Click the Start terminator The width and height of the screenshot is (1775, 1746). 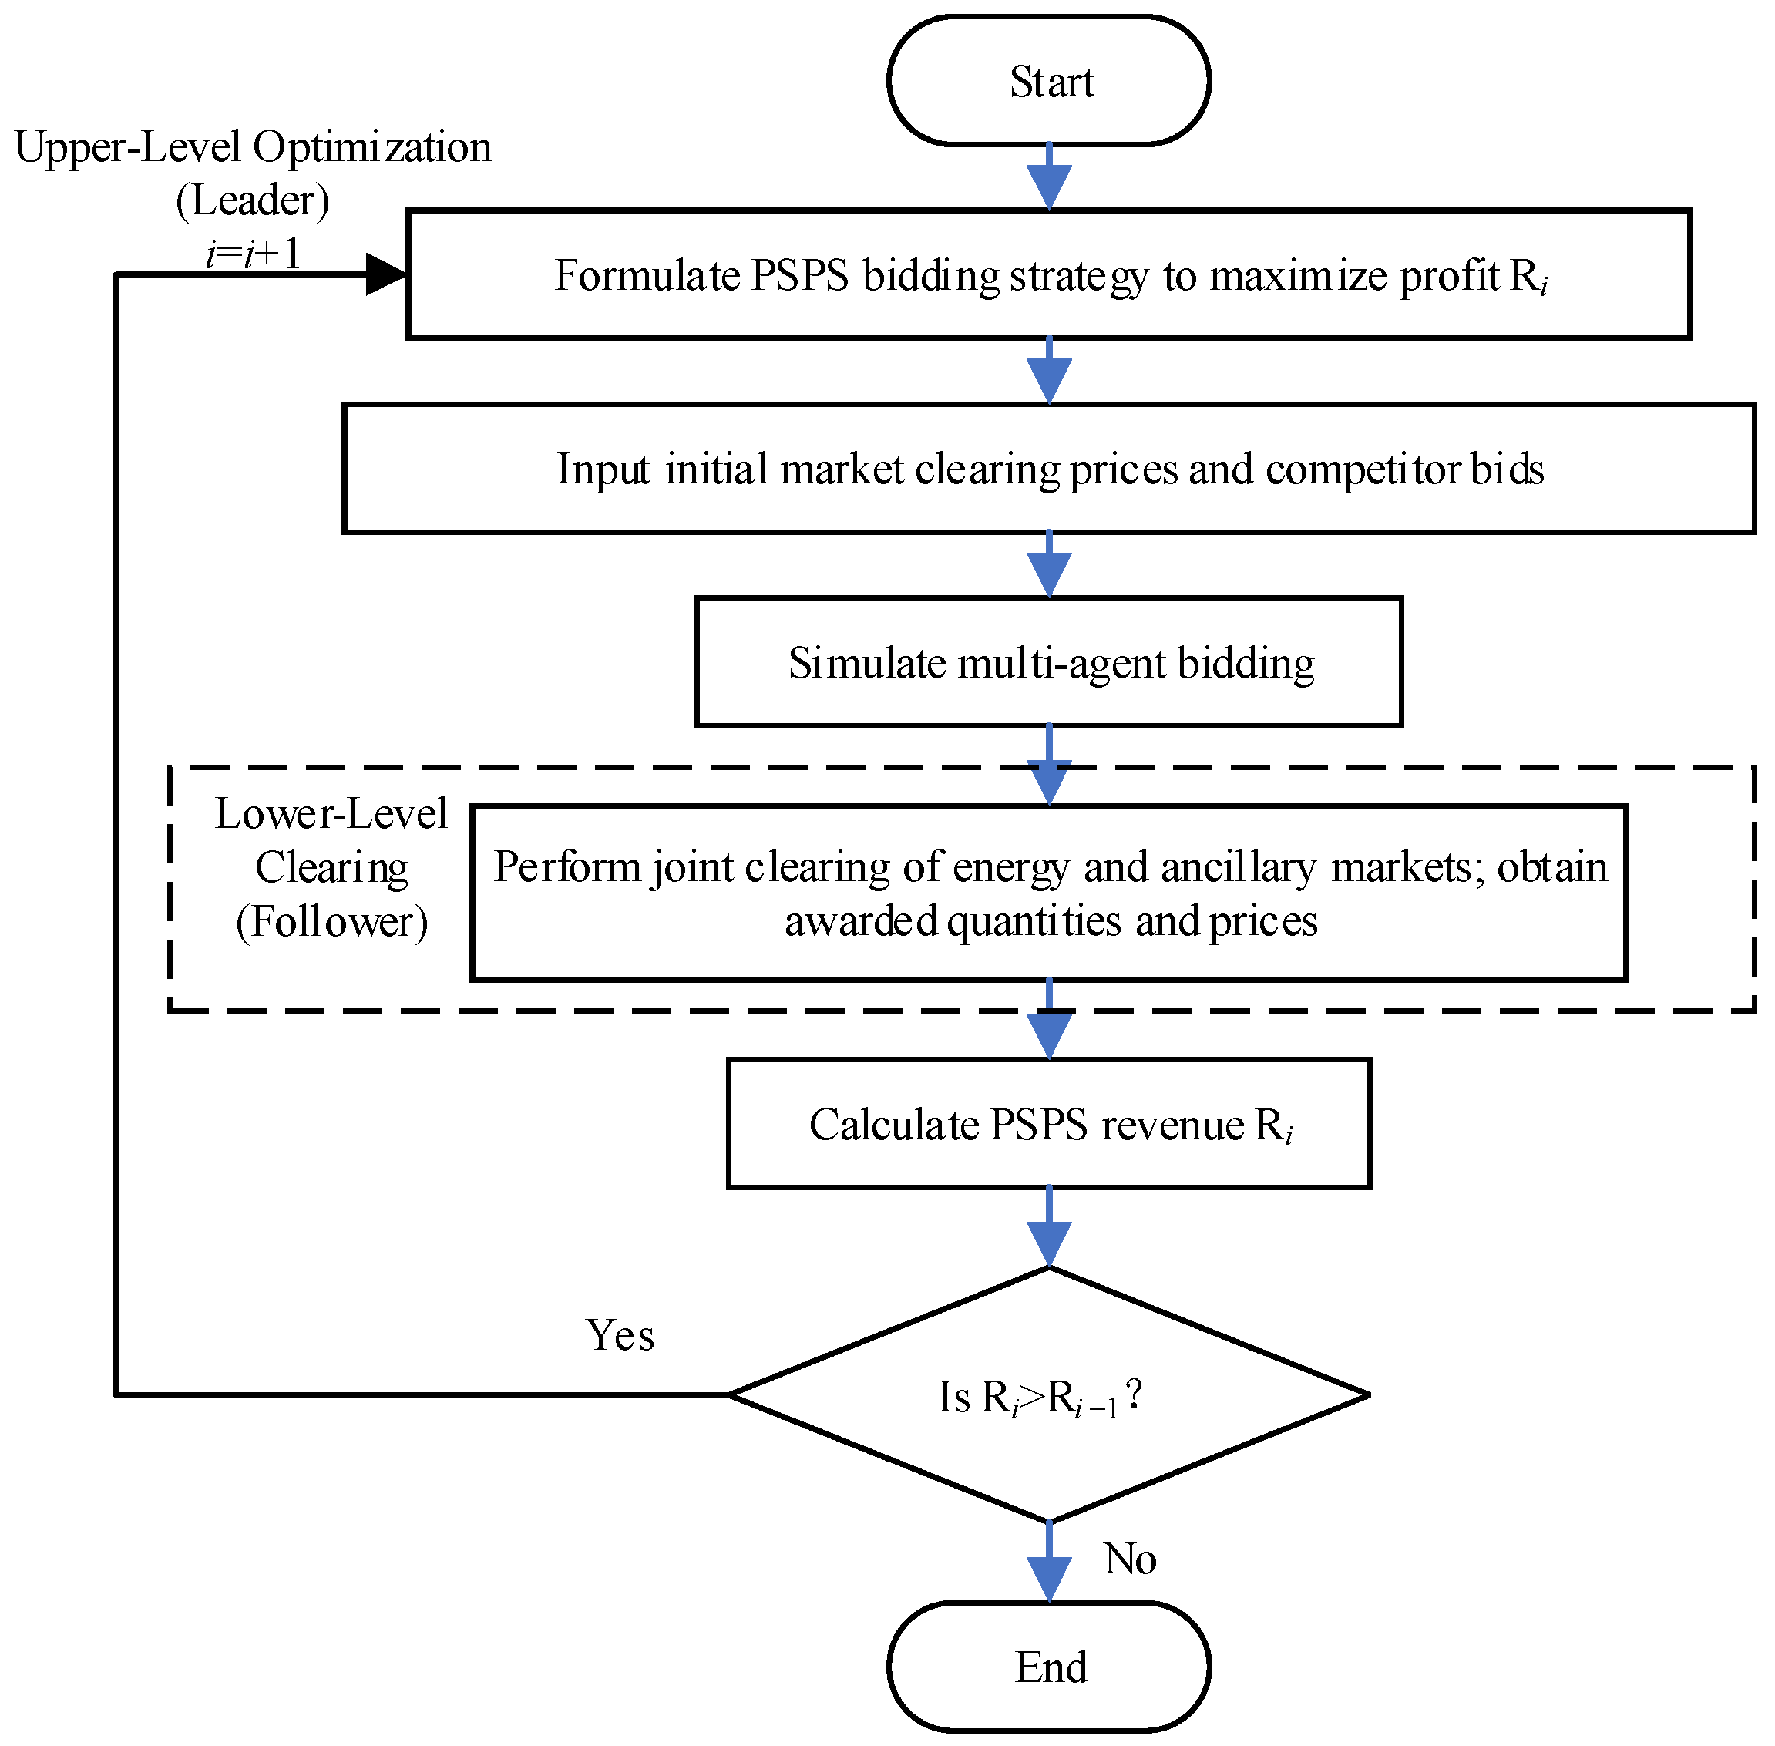1049,81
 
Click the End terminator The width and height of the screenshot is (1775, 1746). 1049,1667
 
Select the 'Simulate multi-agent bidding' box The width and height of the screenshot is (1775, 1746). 1049,662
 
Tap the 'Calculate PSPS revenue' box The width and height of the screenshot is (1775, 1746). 1049,1123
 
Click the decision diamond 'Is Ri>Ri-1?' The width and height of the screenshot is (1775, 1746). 1049,1394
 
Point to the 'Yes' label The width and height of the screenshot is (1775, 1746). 620,1335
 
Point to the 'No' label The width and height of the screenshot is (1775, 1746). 1130,1558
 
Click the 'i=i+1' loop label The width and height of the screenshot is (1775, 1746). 253,253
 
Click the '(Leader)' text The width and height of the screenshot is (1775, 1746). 253,200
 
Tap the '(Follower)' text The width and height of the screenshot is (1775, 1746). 332,922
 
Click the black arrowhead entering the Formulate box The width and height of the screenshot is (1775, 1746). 386,274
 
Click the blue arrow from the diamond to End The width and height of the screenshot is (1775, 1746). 1049,1562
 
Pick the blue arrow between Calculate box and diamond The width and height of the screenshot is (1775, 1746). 1049,1228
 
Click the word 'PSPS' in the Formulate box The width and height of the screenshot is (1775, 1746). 799,275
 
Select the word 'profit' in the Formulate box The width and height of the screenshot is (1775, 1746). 1449,276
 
